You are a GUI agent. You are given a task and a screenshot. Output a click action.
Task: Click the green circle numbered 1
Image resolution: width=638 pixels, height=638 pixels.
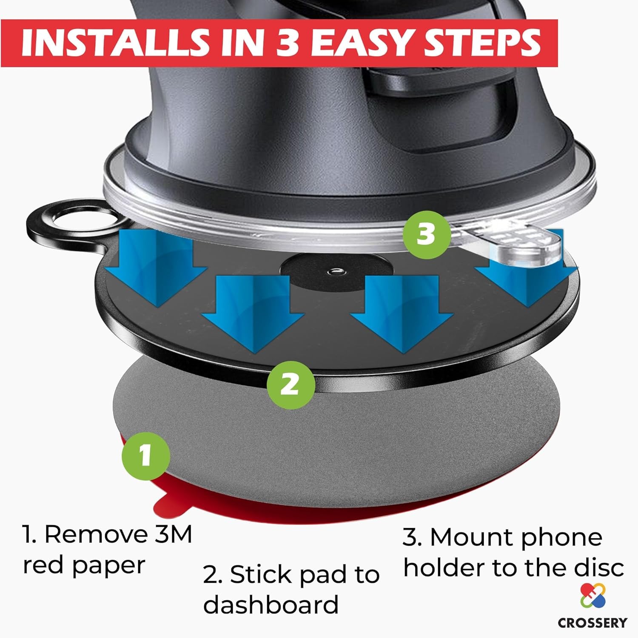[146, 456]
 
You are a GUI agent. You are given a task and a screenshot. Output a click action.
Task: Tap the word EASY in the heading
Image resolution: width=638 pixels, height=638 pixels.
[367, 43]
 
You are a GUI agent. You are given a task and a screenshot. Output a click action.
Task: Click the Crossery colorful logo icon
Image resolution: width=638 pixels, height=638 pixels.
[593, 595]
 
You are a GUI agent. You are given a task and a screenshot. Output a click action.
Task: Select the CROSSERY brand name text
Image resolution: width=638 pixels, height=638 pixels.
[592, 623]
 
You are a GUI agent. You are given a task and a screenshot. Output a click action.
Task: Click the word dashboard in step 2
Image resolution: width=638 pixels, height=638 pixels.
[271, 604]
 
